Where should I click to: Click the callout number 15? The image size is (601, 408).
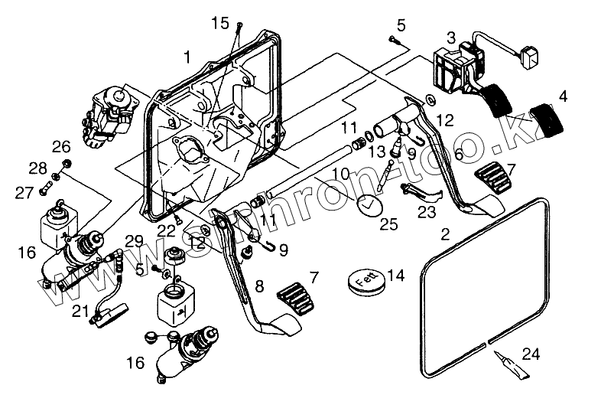[x=220, y=24]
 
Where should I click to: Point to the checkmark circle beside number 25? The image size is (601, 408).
[x=369, y=207]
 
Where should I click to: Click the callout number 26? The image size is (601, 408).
[x=60, y=145]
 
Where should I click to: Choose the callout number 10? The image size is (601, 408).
[x=340, y=173]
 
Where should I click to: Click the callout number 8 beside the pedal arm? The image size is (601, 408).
[x=259, y=287]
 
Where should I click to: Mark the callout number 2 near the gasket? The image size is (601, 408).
[x=445, y=231]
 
